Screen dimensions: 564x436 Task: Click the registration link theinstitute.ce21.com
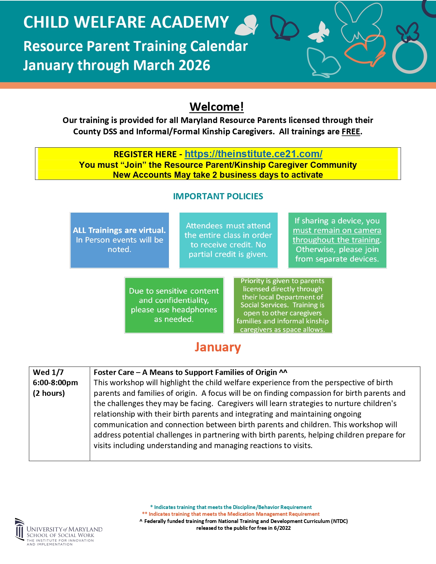pos(253,154)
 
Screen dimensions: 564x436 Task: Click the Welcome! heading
pos(217,107)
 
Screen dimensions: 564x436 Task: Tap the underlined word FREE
pos(351,132)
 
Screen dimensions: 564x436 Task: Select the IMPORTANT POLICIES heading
pos(218,197)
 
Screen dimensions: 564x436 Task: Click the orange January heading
pos(218,347)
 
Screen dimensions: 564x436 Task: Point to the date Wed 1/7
pos(48,373)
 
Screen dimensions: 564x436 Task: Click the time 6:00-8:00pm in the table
pos(55,383)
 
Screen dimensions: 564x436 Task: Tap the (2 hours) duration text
pos(49,393)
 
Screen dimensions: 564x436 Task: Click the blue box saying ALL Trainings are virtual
pos(119,240)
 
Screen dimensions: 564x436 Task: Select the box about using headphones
pos(174,305)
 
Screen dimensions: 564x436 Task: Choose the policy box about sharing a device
pos(337,240)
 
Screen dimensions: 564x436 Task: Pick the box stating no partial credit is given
pos(228,240)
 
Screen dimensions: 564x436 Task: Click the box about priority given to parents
pos(282,305)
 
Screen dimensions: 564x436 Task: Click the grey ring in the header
pos(409,57)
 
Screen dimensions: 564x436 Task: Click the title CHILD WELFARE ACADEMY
pos(126,23)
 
